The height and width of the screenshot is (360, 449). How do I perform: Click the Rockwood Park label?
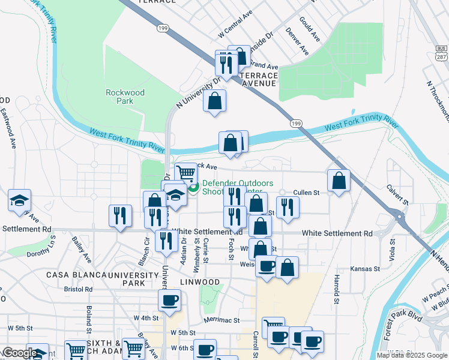click(x=125, y=97)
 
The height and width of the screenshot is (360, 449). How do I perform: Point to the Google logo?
click(x=19, y=353)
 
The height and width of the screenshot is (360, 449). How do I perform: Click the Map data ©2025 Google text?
click(x=411, y=355)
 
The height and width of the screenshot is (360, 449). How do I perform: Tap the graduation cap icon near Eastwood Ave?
click(x=20, y=200)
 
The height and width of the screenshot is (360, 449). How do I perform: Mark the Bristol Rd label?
click(x=78, y=289)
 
